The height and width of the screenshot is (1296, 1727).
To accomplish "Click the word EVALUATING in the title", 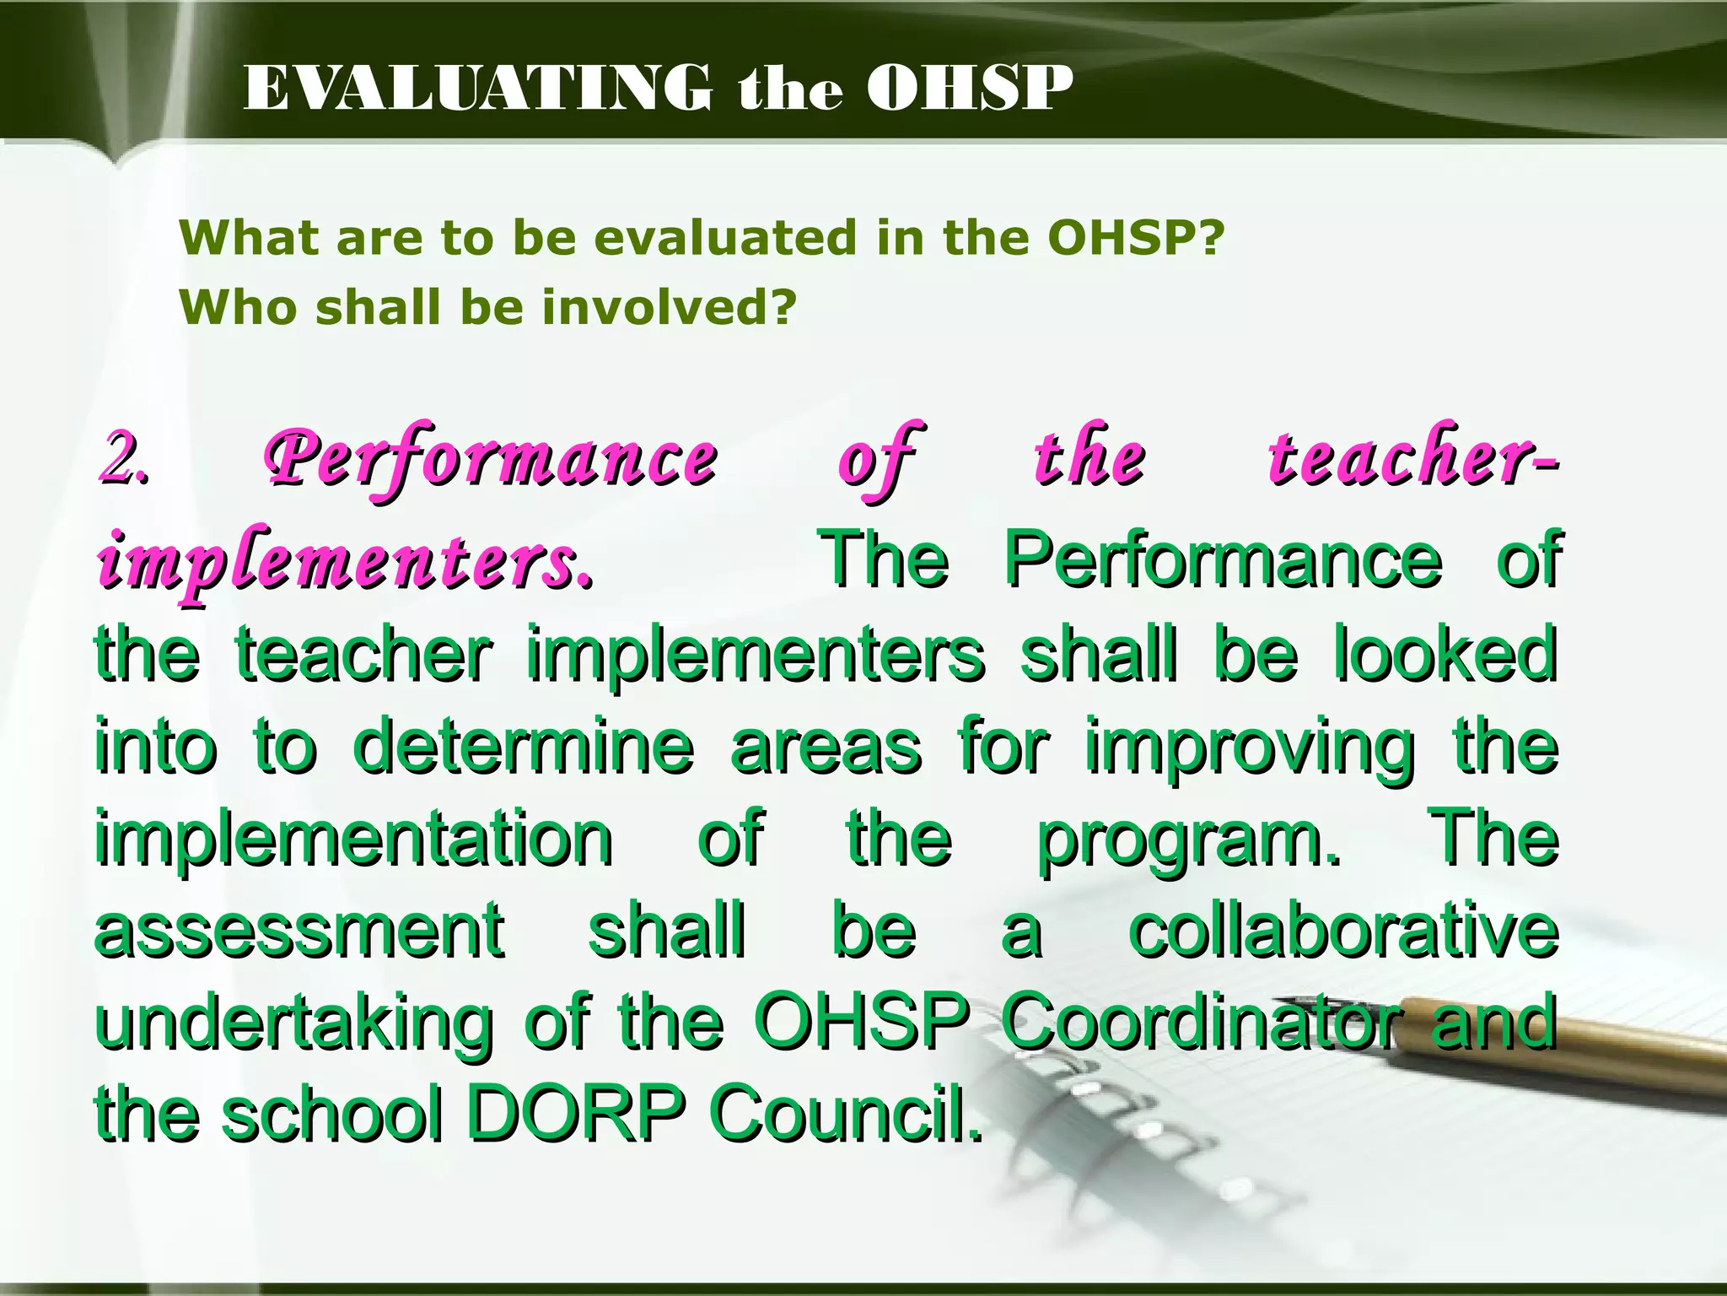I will click(x=476, y=89).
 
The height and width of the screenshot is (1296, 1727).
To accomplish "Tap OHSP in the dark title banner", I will click(x=970, y=89).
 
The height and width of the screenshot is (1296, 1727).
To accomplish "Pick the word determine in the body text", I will click(x=523, y=747).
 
